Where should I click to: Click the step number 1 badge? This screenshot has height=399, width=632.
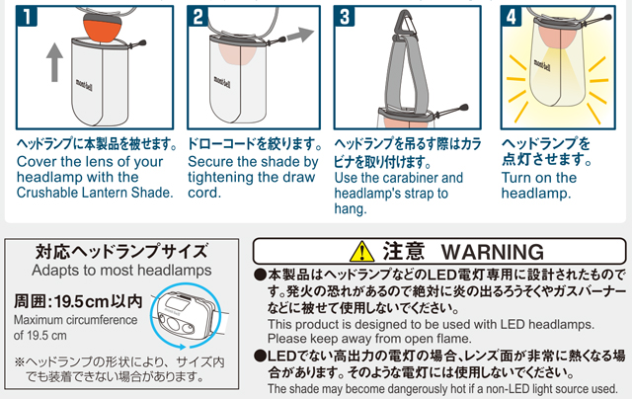pyautogui.click(x=27, y=17)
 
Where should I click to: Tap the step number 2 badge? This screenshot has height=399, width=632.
pyautogui.click(x=197, y=17)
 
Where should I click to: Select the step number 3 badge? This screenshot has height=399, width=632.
pyautogui.click(x=345, y=17)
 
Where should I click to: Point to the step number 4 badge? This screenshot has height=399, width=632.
pyautogui.click(x=512, y=17)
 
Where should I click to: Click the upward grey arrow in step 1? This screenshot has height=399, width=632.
pyautogui.click(x=54, y=62)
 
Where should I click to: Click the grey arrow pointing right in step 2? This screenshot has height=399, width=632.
pyautogui.click(x=300, y=35)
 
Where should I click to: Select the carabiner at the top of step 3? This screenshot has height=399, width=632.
pyautogui.click(x=406, y=24)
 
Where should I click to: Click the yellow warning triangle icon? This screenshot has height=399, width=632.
pyautogui.click(x=362, y=252)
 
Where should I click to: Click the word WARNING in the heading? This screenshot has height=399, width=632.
pyautogui.click(x=493, y=252)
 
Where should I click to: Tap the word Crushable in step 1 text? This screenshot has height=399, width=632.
pyautogui.click(x=47, y=193)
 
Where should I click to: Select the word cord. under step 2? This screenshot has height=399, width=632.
pyautogui.click(x=204, y=193)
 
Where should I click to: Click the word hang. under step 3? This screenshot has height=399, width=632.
pyautogui.click(x=351, y=209)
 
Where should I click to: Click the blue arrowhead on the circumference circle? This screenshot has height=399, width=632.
pyautogui.click(x=182, y=347)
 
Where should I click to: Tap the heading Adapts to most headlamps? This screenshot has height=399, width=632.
pyautogui.click(x=121, y=270)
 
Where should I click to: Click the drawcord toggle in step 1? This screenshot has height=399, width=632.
pyautogui.click(x=141, y=42)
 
